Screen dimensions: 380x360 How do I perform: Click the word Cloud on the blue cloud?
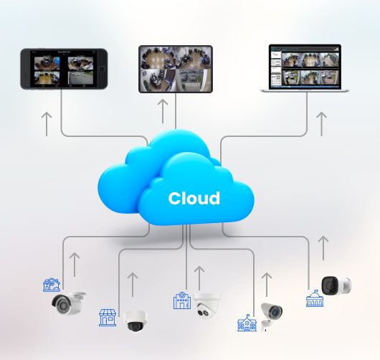[x=194, y=199]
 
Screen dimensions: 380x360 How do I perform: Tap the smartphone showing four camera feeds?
[x=64, y=69]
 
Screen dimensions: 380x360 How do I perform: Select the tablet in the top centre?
[x=176, y=69]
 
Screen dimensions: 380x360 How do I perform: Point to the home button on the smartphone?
[x=102, y=69]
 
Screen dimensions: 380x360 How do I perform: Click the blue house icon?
[x=52, y=285]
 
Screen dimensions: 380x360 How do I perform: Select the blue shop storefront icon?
[x=108, y=318]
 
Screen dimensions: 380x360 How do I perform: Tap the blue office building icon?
[x=182, y=300]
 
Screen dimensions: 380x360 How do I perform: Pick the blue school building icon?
[x=247, y=323]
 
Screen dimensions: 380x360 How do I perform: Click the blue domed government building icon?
[x=315, y=298]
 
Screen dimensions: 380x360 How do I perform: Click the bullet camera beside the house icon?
[x=68, y=303]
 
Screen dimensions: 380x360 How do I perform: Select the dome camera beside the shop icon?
[x=136, y=321]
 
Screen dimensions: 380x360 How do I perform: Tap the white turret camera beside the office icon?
[x=207, y=305]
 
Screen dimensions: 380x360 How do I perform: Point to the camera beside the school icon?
[x=271, y=316]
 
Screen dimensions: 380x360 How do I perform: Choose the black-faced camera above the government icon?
[x=336, y=285]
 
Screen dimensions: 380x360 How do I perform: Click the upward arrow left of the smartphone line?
[x=47, y=124]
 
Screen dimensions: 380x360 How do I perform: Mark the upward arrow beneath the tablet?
[x=163, y=111]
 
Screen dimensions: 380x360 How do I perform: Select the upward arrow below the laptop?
[x=322, y=124]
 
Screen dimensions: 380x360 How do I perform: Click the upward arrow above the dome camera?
[x=133, y=285]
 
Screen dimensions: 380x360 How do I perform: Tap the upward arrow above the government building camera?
[x=323, y=248]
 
